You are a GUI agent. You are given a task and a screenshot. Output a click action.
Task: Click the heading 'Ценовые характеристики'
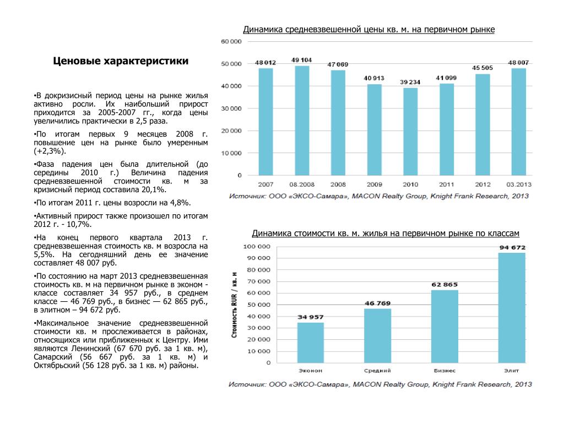click(x=121, y=61)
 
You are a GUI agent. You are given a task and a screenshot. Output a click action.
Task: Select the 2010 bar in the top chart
click(x=410, y=132)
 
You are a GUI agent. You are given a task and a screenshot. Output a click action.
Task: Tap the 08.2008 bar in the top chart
click(x=302, y=121)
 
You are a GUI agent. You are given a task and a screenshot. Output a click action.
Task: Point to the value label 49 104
click(x=302, y=59)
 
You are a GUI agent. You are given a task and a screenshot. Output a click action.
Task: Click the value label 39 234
click(x=410, y=82)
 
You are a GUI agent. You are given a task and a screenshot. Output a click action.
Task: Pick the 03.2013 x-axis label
click(x=518, y=184)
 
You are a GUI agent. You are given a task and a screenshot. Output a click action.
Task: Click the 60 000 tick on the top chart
click(x=231, y=42)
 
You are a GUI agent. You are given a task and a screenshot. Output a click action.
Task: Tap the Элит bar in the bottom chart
click(x=512, y=308)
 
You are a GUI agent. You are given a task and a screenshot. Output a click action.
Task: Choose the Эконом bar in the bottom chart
click(x=311, y=343)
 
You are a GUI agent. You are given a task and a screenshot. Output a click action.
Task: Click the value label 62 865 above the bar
click(x=444, y=284)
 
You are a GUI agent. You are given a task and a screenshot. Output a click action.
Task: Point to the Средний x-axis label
click(x=377, y=371)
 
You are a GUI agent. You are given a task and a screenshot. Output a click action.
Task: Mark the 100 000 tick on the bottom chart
click(x=258, y=246)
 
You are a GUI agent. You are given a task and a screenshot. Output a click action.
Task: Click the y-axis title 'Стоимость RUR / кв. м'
click(x=235, y=305)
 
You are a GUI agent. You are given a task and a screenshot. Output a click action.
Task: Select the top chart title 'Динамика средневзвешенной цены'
click(x=369, y=29)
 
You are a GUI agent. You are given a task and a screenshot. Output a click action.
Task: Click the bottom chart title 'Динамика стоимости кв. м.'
click(x=386, y=234)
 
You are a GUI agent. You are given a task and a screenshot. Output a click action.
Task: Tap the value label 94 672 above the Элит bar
click(x=512, y=247)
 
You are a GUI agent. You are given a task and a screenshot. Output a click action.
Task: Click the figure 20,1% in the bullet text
click(x=153, y=189)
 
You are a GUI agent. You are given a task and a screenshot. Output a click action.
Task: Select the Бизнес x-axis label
click(x=444, y=371)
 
